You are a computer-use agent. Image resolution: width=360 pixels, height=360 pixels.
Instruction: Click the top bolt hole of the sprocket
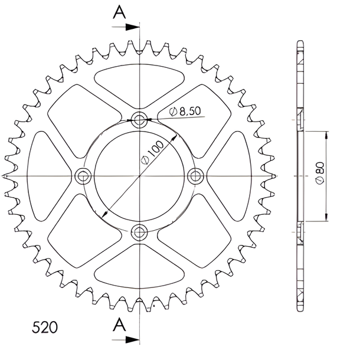click(x=139, y=119)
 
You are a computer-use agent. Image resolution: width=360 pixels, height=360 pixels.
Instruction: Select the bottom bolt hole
click(x=139, y=233)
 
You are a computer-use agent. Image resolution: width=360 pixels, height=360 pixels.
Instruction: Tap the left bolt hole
click(x=83, y=176)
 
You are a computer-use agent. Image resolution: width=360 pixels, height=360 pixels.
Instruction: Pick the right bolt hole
click(x=195, y=176)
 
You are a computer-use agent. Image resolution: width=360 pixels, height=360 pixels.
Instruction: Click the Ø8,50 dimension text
click(x=185, y=111)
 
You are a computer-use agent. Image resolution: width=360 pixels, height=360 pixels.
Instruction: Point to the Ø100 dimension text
click(x=152, y=152)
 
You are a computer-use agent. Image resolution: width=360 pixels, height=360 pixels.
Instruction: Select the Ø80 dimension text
click(x=320, y=173)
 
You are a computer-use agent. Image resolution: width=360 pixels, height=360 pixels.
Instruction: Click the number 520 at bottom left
click(x=45, y=327)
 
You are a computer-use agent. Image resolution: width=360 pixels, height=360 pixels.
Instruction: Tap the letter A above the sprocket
click(x=119, y=12)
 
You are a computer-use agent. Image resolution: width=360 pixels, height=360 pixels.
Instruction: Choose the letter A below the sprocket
click(x=119, y=325)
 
